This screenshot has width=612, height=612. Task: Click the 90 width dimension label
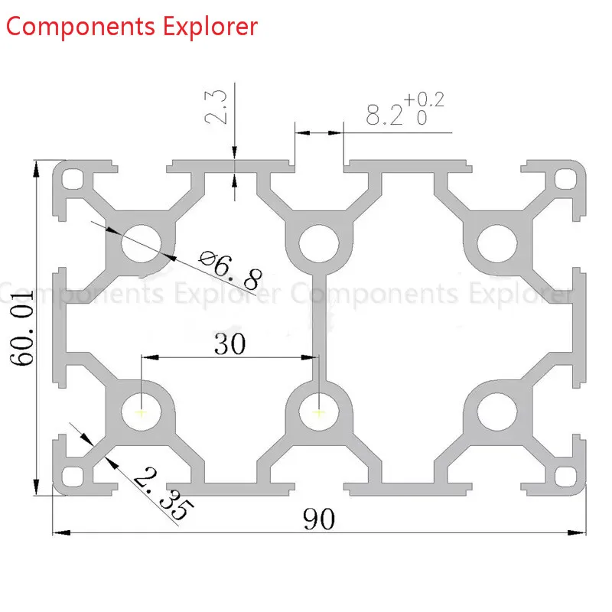[x=319, y=519]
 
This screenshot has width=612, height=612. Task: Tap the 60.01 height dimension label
[x=22, y=328]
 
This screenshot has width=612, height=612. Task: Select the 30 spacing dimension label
[x=230, y=343]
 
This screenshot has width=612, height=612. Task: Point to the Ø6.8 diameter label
[x=230, y=270]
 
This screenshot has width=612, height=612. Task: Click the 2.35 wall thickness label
[x=164, y=493]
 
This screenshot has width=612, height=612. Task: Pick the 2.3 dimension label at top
[x=216, y=107]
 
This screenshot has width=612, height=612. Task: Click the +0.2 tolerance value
[x=424, y=99]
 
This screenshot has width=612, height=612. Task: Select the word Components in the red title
[x=81, y=27]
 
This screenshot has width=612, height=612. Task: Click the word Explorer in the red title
[x=210, y=27]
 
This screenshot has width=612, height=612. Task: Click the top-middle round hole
[x=319, y=243]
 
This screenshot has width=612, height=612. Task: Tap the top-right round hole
[x=496, y=243]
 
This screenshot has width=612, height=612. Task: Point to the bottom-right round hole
[x=496, y=412]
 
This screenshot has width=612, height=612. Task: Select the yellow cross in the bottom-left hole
[x=142, y=412]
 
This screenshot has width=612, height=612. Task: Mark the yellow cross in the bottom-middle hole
[x=319, y=412]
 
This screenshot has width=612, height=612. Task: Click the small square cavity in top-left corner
[x=73, y=179]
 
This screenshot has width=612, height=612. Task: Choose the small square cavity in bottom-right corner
[x=565, y=477]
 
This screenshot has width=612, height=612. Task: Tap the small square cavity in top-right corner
[x=565, y=179]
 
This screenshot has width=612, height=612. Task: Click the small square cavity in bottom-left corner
[x=73, y=477]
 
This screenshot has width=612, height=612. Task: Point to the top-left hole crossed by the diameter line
[x=142, y=243]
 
